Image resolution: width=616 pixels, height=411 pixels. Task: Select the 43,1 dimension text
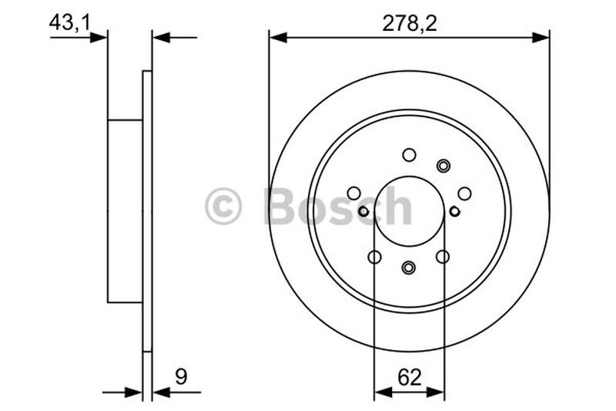pos(69,22)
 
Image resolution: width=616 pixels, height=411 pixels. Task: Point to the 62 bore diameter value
pos(409,377)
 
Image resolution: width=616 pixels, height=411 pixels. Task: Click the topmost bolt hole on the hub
pos(409,154)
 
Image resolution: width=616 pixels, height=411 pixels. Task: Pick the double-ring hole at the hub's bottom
pos(409,267)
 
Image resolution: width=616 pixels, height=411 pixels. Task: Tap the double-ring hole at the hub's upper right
pos(443,165)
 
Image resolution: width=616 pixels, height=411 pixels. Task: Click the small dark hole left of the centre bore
pos(363,211)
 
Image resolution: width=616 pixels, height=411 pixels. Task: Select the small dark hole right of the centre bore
pos(454,211)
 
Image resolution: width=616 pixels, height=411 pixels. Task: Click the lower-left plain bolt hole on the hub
pos(375,257)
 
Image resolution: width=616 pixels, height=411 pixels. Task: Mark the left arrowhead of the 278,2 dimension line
pos(276,36)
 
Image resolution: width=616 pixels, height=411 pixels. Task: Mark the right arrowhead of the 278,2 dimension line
pos(543,36)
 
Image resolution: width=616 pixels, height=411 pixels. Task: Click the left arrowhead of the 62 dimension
pos(380,392)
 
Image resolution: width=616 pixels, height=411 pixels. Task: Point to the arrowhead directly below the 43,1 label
pos(99,36)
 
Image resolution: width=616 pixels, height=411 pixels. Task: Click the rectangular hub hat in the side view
pos(125,211)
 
